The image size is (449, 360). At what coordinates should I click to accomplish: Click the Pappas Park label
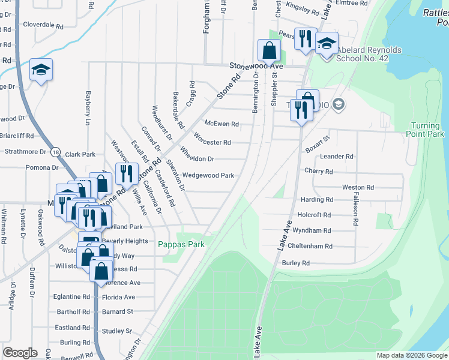[181, 244]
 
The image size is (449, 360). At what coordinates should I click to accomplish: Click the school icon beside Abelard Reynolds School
[327, 44]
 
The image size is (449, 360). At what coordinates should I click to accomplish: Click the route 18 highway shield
[55, 152]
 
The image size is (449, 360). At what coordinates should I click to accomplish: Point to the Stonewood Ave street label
[254, 65]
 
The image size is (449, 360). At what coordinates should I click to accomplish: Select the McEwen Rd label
[221, 124]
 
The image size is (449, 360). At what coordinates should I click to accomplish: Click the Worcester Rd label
[212, 143]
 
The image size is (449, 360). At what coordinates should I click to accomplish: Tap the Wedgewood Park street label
[208, 176]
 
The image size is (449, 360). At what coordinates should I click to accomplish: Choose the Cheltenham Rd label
[310, 246]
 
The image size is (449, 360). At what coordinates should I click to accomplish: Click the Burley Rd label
[295, 263]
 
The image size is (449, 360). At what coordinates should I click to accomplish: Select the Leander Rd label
[336, 156]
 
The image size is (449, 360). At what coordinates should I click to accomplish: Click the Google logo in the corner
[20, 353]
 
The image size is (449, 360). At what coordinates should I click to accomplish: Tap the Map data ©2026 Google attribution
[411, 355]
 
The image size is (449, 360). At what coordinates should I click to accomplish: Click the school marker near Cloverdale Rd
[41, 70]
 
